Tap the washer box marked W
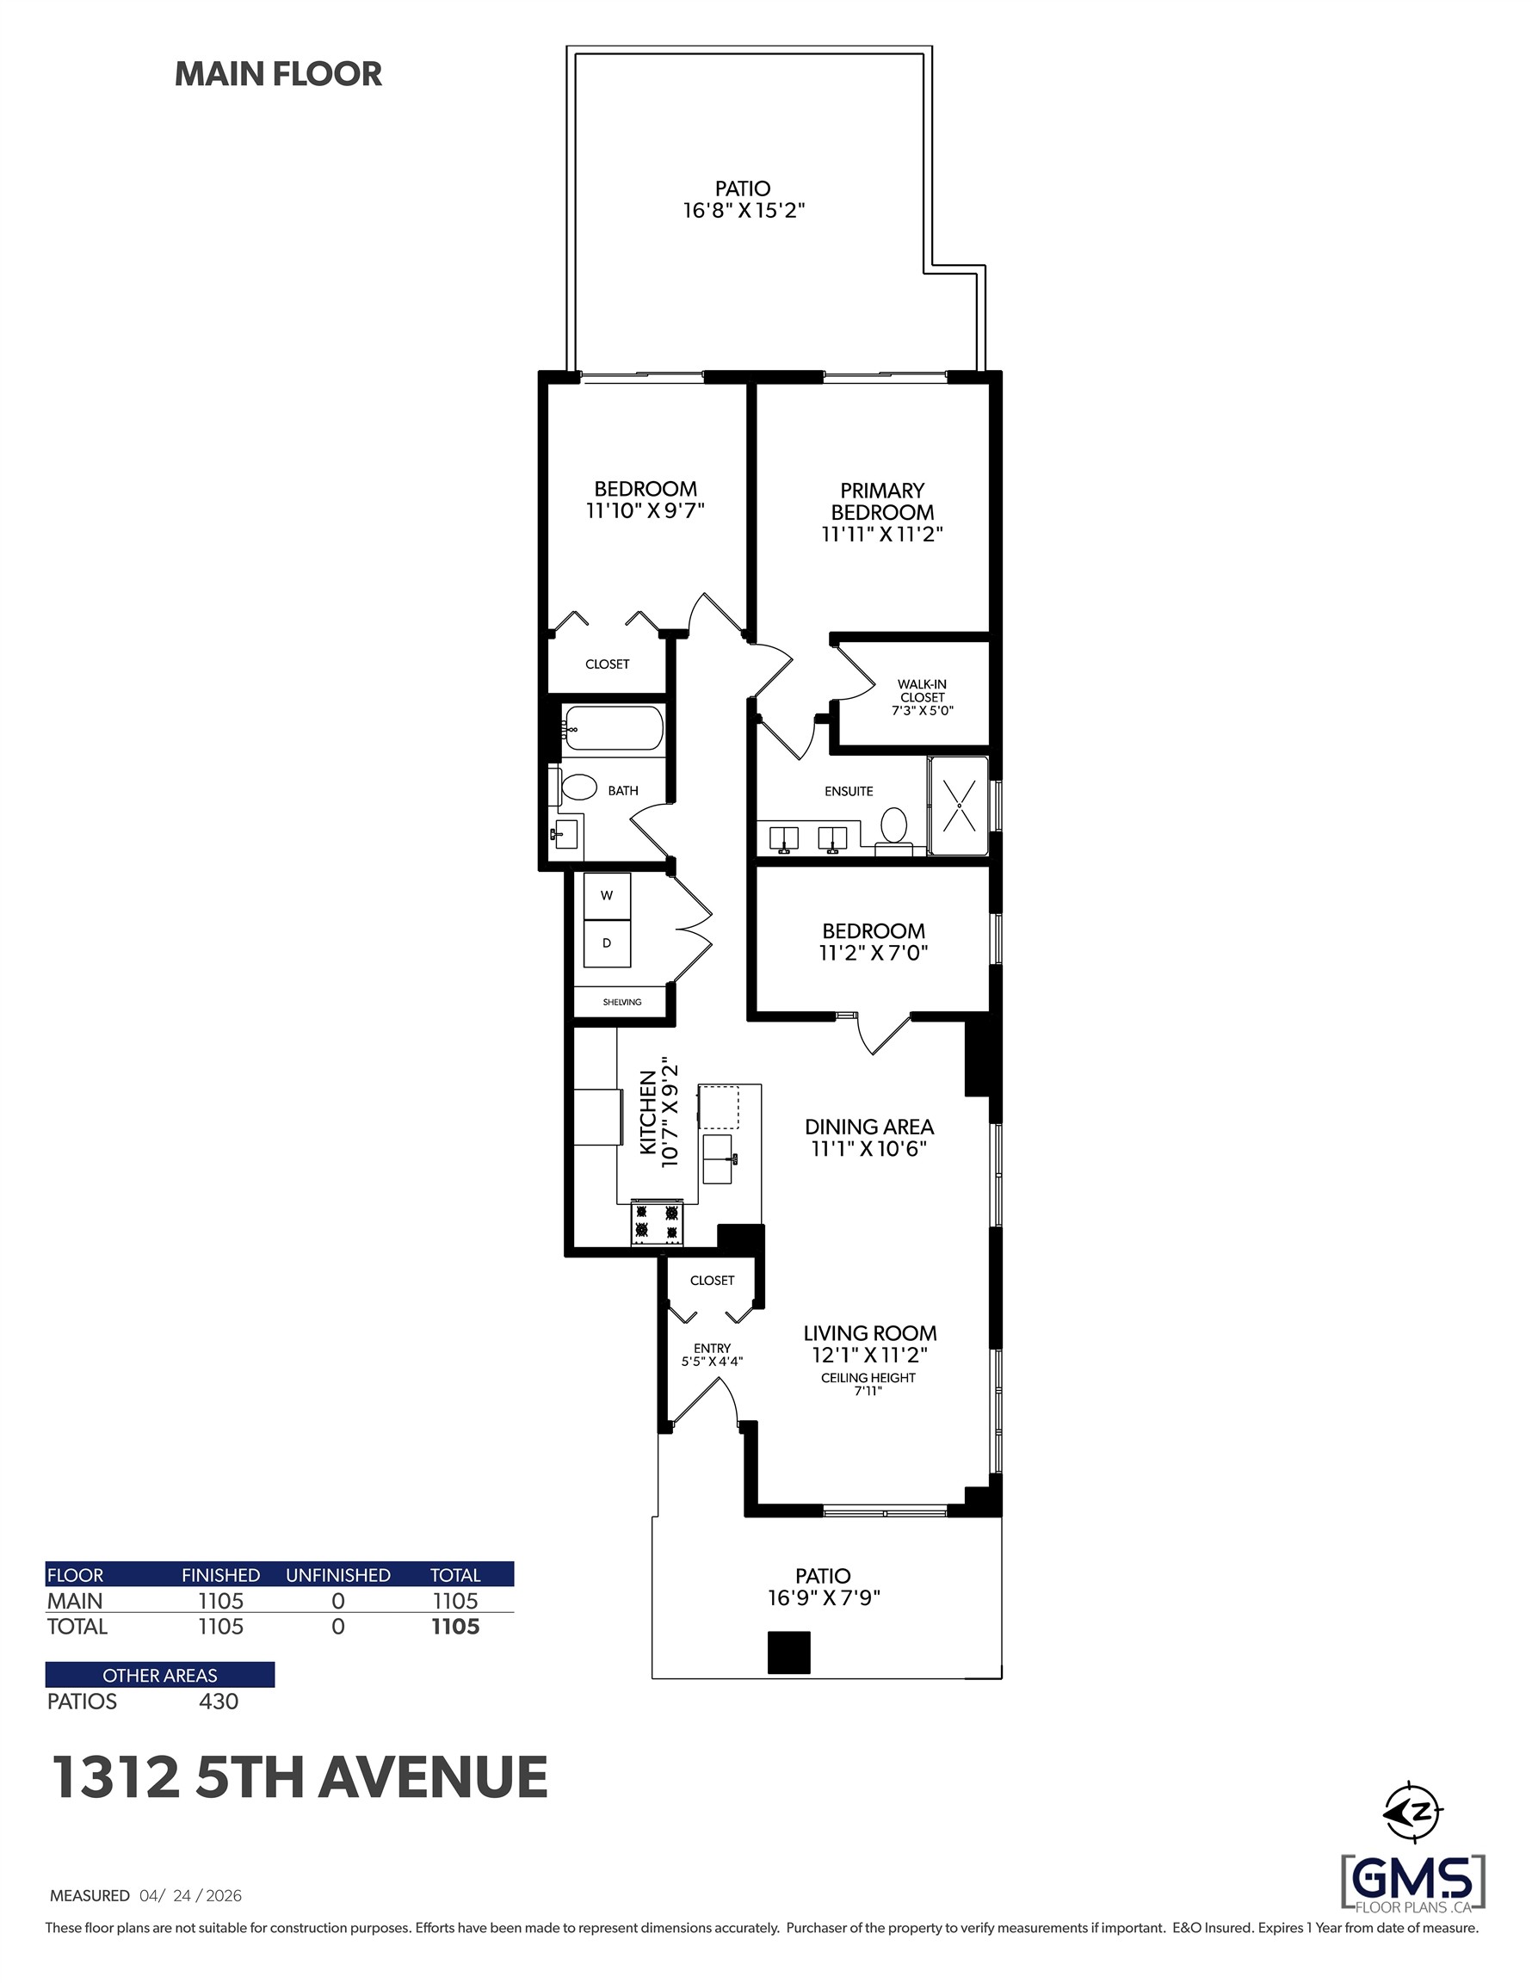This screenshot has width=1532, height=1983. (607, 895)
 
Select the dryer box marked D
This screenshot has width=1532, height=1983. (607, 942)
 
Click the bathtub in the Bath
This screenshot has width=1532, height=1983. (612, 728)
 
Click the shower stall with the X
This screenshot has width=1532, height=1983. (958, 806)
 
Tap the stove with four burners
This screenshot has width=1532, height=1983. (657, 1222)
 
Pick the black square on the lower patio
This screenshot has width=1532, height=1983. (788, 1652)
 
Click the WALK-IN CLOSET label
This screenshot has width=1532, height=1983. (922, 697)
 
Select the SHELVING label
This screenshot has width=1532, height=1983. (622, 1003)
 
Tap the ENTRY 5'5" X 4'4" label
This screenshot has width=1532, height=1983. (712, 1355)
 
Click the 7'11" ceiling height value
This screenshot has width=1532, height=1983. (868, 1391)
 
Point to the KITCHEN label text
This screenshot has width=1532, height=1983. (647, 1112)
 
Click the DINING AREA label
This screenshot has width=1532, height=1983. (869, 1127)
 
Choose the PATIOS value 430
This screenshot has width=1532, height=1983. (219, 1702)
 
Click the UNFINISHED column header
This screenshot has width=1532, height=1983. (338, 1574)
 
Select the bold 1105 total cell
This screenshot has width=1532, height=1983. (455, 1626)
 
